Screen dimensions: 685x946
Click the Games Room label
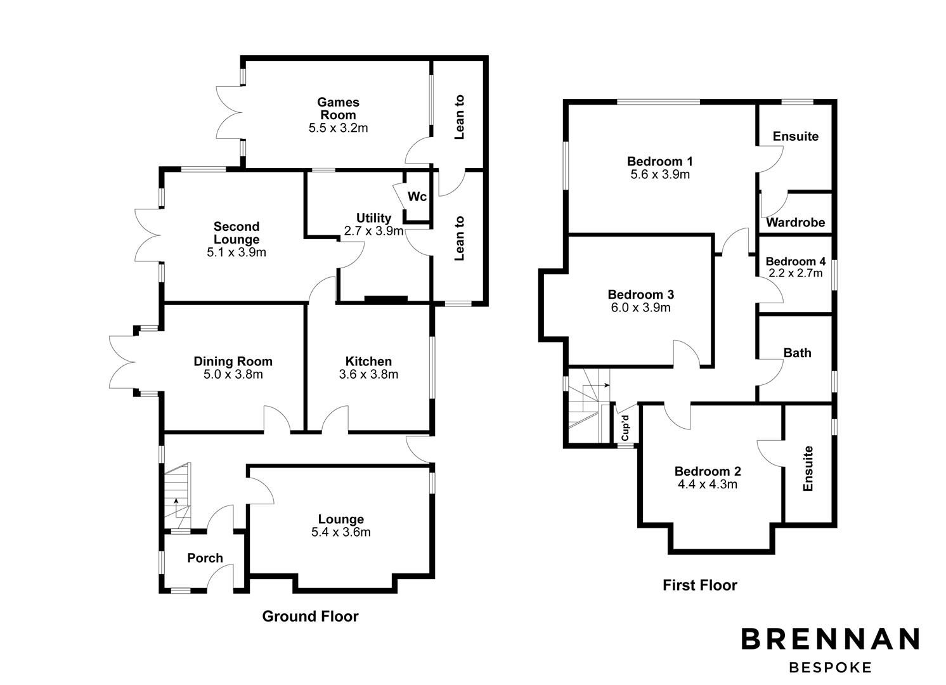point(338,108)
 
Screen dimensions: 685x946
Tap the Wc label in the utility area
point(417,197)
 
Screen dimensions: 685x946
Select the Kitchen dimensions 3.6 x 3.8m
point(368,374)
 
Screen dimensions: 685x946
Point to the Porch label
point(205,558)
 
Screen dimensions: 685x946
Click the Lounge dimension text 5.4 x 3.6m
point(340,532)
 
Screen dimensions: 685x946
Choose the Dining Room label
point(233,362)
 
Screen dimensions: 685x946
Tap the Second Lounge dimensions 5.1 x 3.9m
point(236,252)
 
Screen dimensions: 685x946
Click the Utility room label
point(373,218)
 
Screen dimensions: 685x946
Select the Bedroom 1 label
point(659,161)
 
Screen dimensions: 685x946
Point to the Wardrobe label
point(795,223)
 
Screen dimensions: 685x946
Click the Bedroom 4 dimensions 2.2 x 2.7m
point(795,273)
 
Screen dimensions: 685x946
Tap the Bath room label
point(797,353)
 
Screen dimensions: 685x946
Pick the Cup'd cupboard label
point(625,427)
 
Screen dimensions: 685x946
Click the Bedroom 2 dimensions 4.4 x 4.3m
point(707,485)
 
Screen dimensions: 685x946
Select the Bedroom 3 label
point(640,294)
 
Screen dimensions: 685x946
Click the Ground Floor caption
point(310,616)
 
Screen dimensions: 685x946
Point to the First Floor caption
point(700,585)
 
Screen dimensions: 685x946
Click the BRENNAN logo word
point(830,639)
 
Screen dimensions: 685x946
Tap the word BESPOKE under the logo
point(830,667)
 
